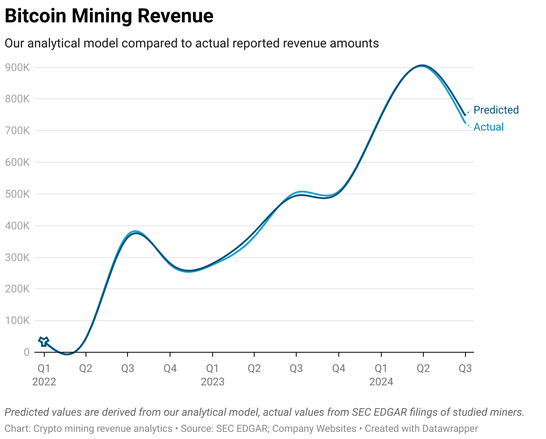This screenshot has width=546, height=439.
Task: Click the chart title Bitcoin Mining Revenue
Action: pyautogui.click(x=109, y=16)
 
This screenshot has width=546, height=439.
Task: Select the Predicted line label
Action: pyautogui.click(x=496, y=110)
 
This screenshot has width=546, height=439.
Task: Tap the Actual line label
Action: pyautogui.click(x=489, y=127)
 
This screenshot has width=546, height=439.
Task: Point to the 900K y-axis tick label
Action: pyautogui.click(x=17, y=68)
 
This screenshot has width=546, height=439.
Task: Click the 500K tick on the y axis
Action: pyautogui.click(x=17, y=194)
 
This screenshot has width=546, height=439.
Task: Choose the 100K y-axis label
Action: pyautogui.click(x=17, y=321)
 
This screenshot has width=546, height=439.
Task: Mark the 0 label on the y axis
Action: pyautogui.click(x=26, y=352)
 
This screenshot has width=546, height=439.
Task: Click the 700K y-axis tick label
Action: pyautogui.click(x=17, y=131)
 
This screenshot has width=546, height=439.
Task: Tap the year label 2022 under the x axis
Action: pyautogui.click(x=44, y=382)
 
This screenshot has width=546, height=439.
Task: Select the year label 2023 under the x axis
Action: pyautogui.click(x=213, y=382)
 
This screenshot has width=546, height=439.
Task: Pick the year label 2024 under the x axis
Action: pyautogui.click(x=381, y=382)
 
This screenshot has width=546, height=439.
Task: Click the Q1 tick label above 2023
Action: pyautogui.click(x=213, y=368)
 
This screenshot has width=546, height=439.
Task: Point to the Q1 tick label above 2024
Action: pyautogui.click(x=381, y=368)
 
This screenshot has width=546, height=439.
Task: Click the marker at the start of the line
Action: pyautogui.click(x=43, y=342)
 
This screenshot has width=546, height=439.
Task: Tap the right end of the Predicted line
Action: pyautogui.click(x=465, y=115)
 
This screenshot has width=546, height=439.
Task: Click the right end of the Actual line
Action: pyautogui.click(x=465, y=122)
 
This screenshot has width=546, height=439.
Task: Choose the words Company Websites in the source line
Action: pyautogui.click(x=314, y=429)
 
